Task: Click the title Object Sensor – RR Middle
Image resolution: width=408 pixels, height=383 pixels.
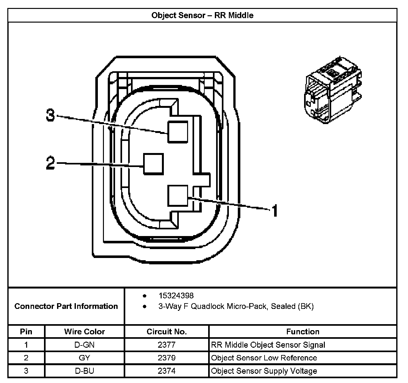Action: pos(202,15)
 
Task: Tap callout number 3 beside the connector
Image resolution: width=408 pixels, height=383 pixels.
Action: pos(50,115)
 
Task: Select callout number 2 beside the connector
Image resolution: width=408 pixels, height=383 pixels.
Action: pos(50,163)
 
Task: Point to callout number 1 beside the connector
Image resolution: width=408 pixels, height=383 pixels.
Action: pos(274,211)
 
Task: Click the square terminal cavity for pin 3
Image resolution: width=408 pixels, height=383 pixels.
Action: pos(178,132)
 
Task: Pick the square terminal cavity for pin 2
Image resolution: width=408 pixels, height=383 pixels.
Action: pos(153,164)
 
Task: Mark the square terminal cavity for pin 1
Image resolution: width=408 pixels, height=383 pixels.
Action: pos(178,196)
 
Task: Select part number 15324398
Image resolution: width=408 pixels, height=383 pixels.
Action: pos(176,296)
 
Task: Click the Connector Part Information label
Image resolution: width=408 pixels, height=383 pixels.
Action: pos(66,306)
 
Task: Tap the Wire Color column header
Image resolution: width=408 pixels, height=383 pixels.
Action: pos(84,332)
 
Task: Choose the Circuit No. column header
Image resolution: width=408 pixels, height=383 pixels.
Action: pos(167,332)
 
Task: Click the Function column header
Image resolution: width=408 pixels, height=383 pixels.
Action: pos(303,332)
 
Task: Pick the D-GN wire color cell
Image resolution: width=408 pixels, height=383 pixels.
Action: pos(84,345)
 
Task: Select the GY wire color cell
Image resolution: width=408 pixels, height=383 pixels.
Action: pos(84,358)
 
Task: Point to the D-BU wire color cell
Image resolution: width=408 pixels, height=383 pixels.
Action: pos(84,371)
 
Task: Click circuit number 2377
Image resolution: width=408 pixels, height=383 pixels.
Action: pos(167,345)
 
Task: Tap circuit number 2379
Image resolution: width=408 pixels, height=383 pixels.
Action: pos(167,358)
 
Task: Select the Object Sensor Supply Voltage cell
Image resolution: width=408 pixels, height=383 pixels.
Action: pos(264,371)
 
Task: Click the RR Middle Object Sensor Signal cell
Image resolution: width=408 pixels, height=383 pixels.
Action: pos(268,345)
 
